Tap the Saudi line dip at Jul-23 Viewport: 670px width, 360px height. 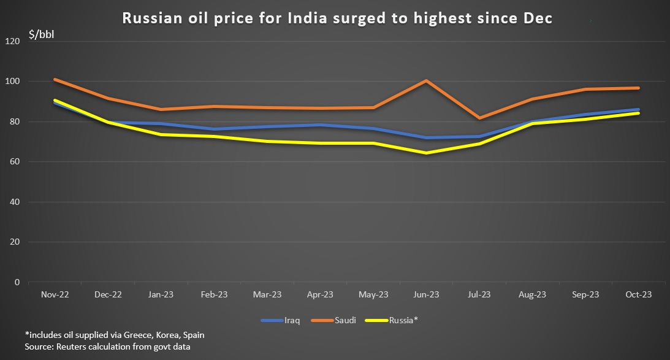click(479, 118)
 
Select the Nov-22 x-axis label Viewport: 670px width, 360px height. click(55, 295)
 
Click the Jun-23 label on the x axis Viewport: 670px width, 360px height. click(426, 295)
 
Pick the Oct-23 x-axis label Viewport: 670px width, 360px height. click(638, 295)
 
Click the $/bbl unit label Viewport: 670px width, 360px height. click(41, 33)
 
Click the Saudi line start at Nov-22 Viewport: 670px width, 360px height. click(55, 79)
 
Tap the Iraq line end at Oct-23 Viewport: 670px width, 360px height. click(638, 110)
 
